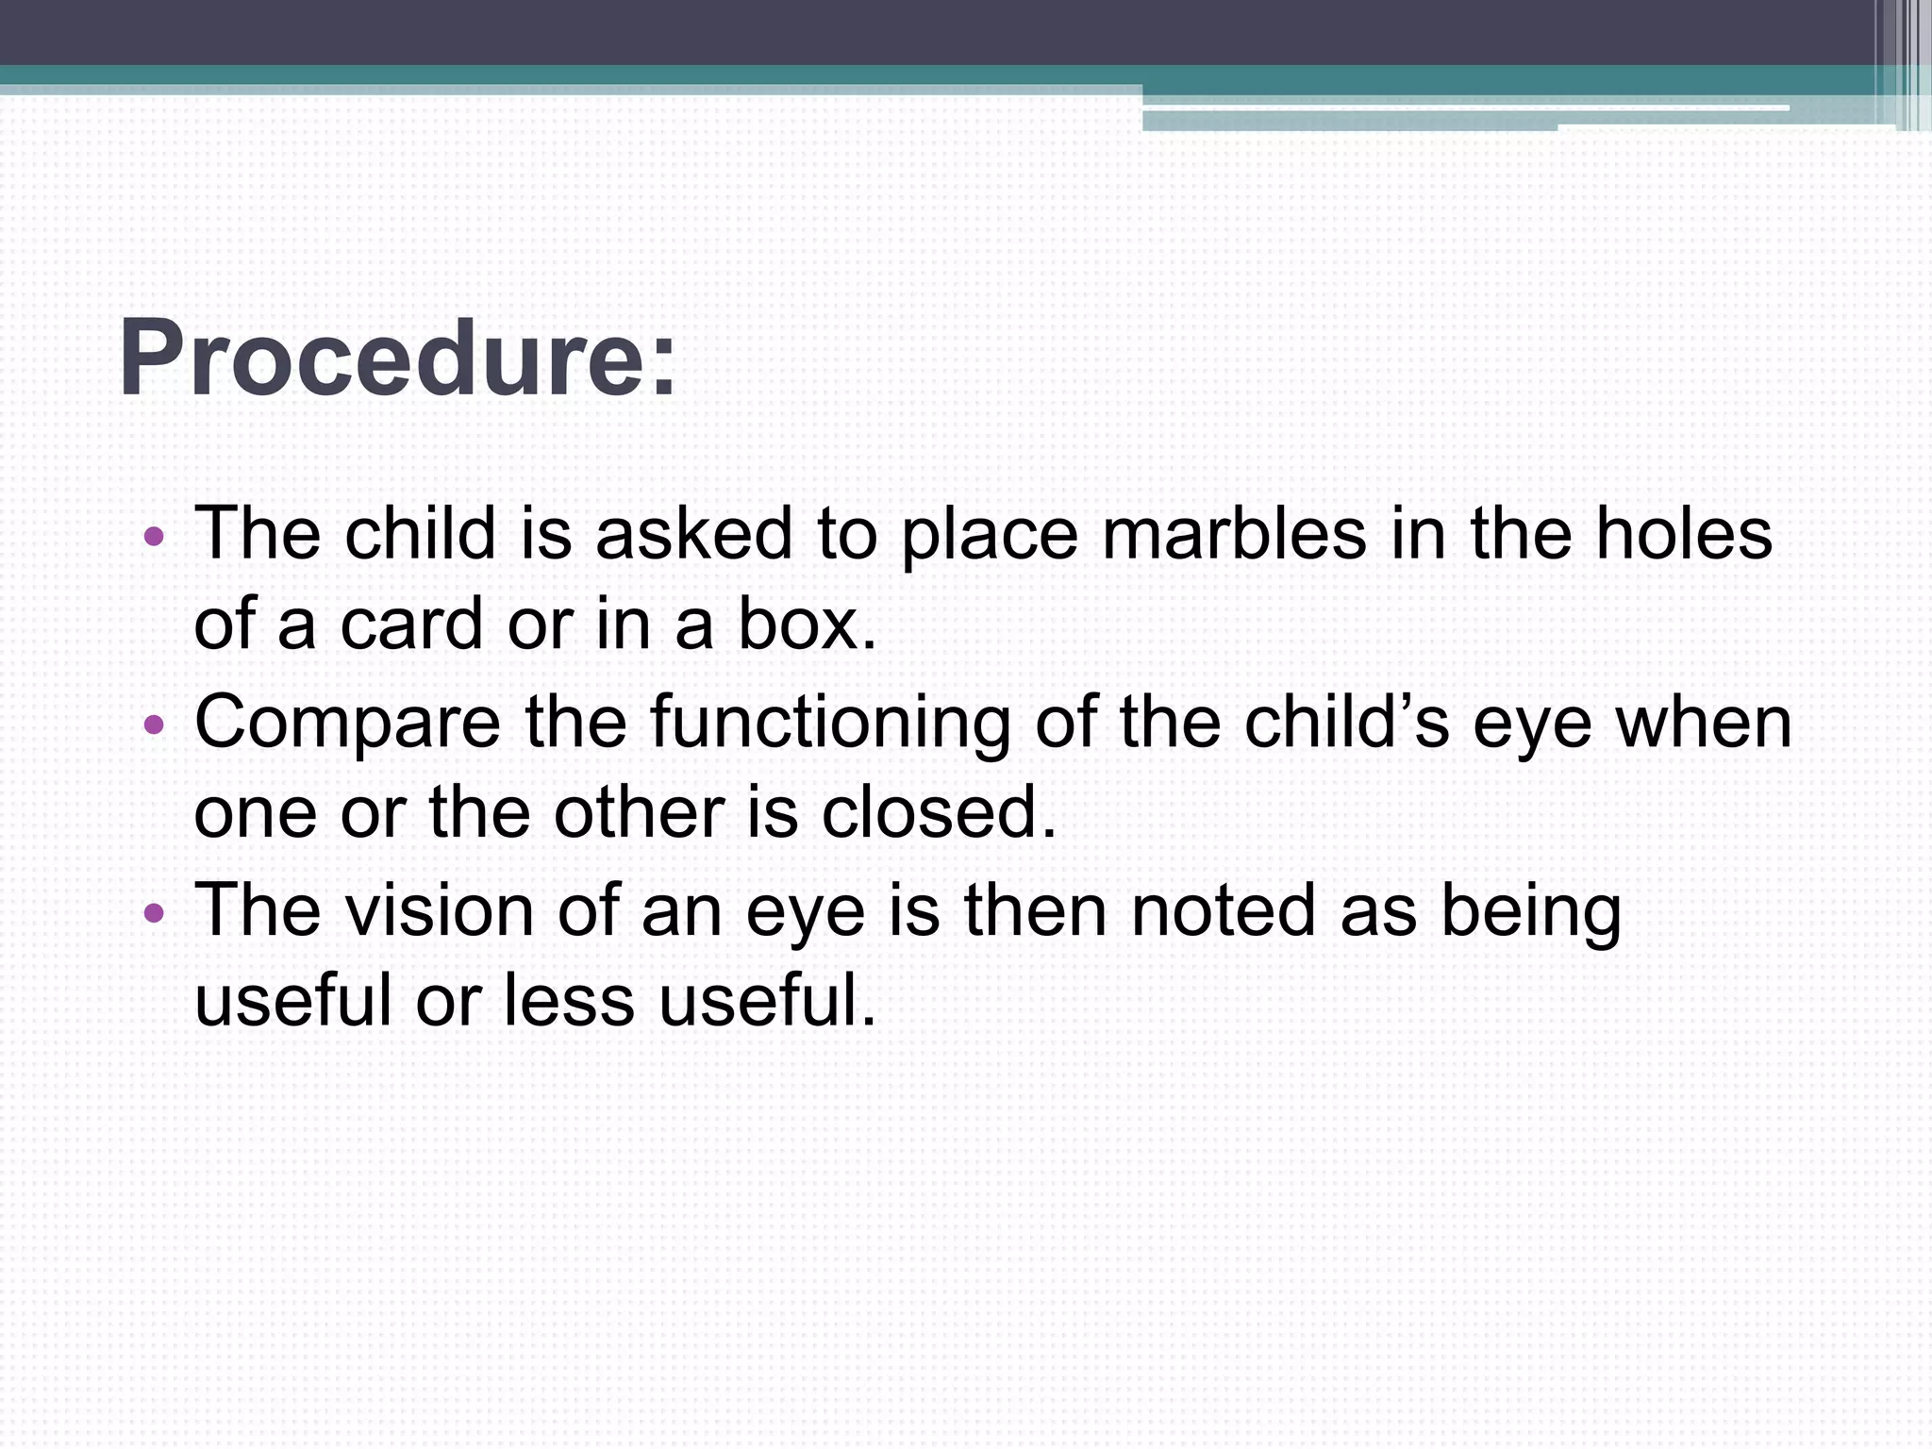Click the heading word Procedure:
click(397, 359)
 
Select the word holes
click(1684, 534)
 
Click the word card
click(411, 624)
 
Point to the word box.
click(807, 624)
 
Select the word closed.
click(939, 812)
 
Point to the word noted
click(1223, 910)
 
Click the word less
click(569, 1000)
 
